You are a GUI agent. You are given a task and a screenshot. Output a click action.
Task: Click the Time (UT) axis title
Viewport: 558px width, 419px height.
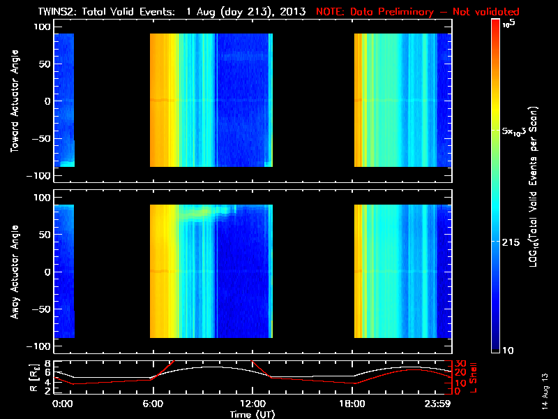coord(252,414)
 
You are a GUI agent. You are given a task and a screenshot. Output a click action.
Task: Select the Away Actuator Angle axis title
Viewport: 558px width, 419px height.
coord(14,272)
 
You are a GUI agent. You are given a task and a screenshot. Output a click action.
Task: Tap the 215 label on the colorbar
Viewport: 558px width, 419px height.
coord(513,242)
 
